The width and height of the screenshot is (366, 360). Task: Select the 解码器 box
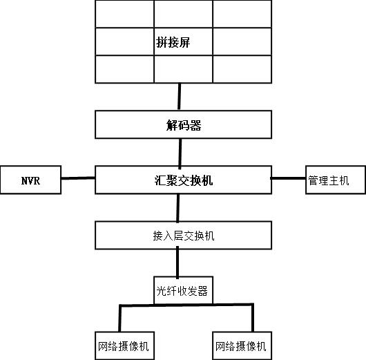tap(182, 125)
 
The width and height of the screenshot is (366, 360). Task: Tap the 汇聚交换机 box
tap(182, 180)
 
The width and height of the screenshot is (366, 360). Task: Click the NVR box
tap(31, 180)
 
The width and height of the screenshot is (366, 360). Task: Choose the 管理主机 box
tap(328, 180)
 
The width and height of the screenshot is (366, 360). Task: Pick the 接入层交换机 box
tap(182, 235)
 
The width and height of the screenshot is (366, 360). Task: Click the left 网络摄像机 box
tap(123, 345)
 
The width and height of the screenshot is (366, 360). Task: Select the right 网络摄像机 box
tap(240, 345)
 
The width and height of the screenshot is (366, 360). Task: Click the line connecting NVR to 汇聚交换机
tap(78, 179)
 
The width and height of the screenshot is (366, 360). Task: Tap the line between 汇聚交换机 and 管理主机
tap(287, 178)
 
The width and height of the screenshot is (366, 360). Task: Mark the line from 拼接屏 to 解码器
tap(180, 97)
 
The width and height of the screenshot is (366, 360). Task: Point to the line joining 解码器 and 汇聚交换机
tap(181, 153)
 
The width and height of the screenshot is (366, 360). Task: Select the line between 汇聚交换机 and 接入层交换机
tap(180, 207)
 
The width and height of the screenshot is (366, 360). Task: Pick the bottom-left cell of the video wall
tap(124, 68)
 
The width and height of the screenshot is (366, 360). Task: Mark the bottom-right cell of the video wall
tap(241, 68)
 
